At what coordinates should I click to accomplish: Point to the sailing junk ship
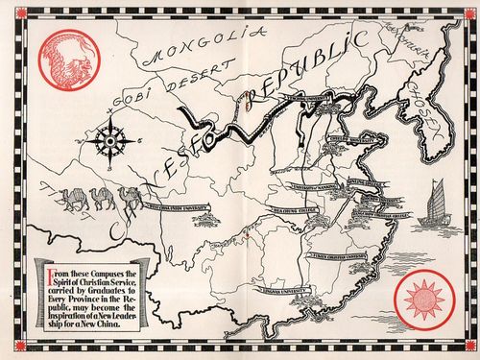[434, 205]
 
